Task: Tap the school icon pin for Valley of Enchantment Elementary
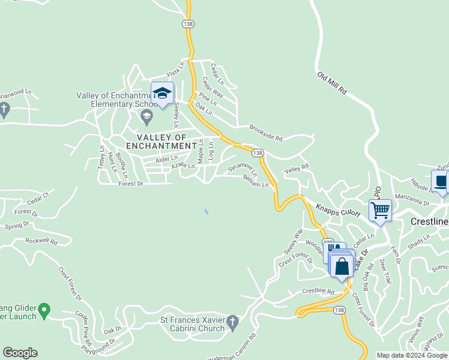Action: [x=162, y=94]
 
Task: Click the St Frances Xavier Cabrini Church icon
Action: [x=234, y=324]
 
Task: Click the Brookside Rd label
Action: [x=265, y=133]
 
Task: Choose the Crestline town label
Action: [x=429, y=221]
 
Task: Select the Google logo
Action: [x=20, y=353]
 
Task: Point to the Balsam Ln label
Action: [x=256, y=181]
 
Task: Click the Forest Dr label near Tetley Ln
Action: [x=131, y=184]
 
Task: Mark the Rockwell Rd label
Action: [x=41, y=241]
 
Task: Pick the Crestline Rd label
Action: [x=318, y=291]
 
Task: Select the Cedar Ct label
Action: [x=37, y=195]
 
